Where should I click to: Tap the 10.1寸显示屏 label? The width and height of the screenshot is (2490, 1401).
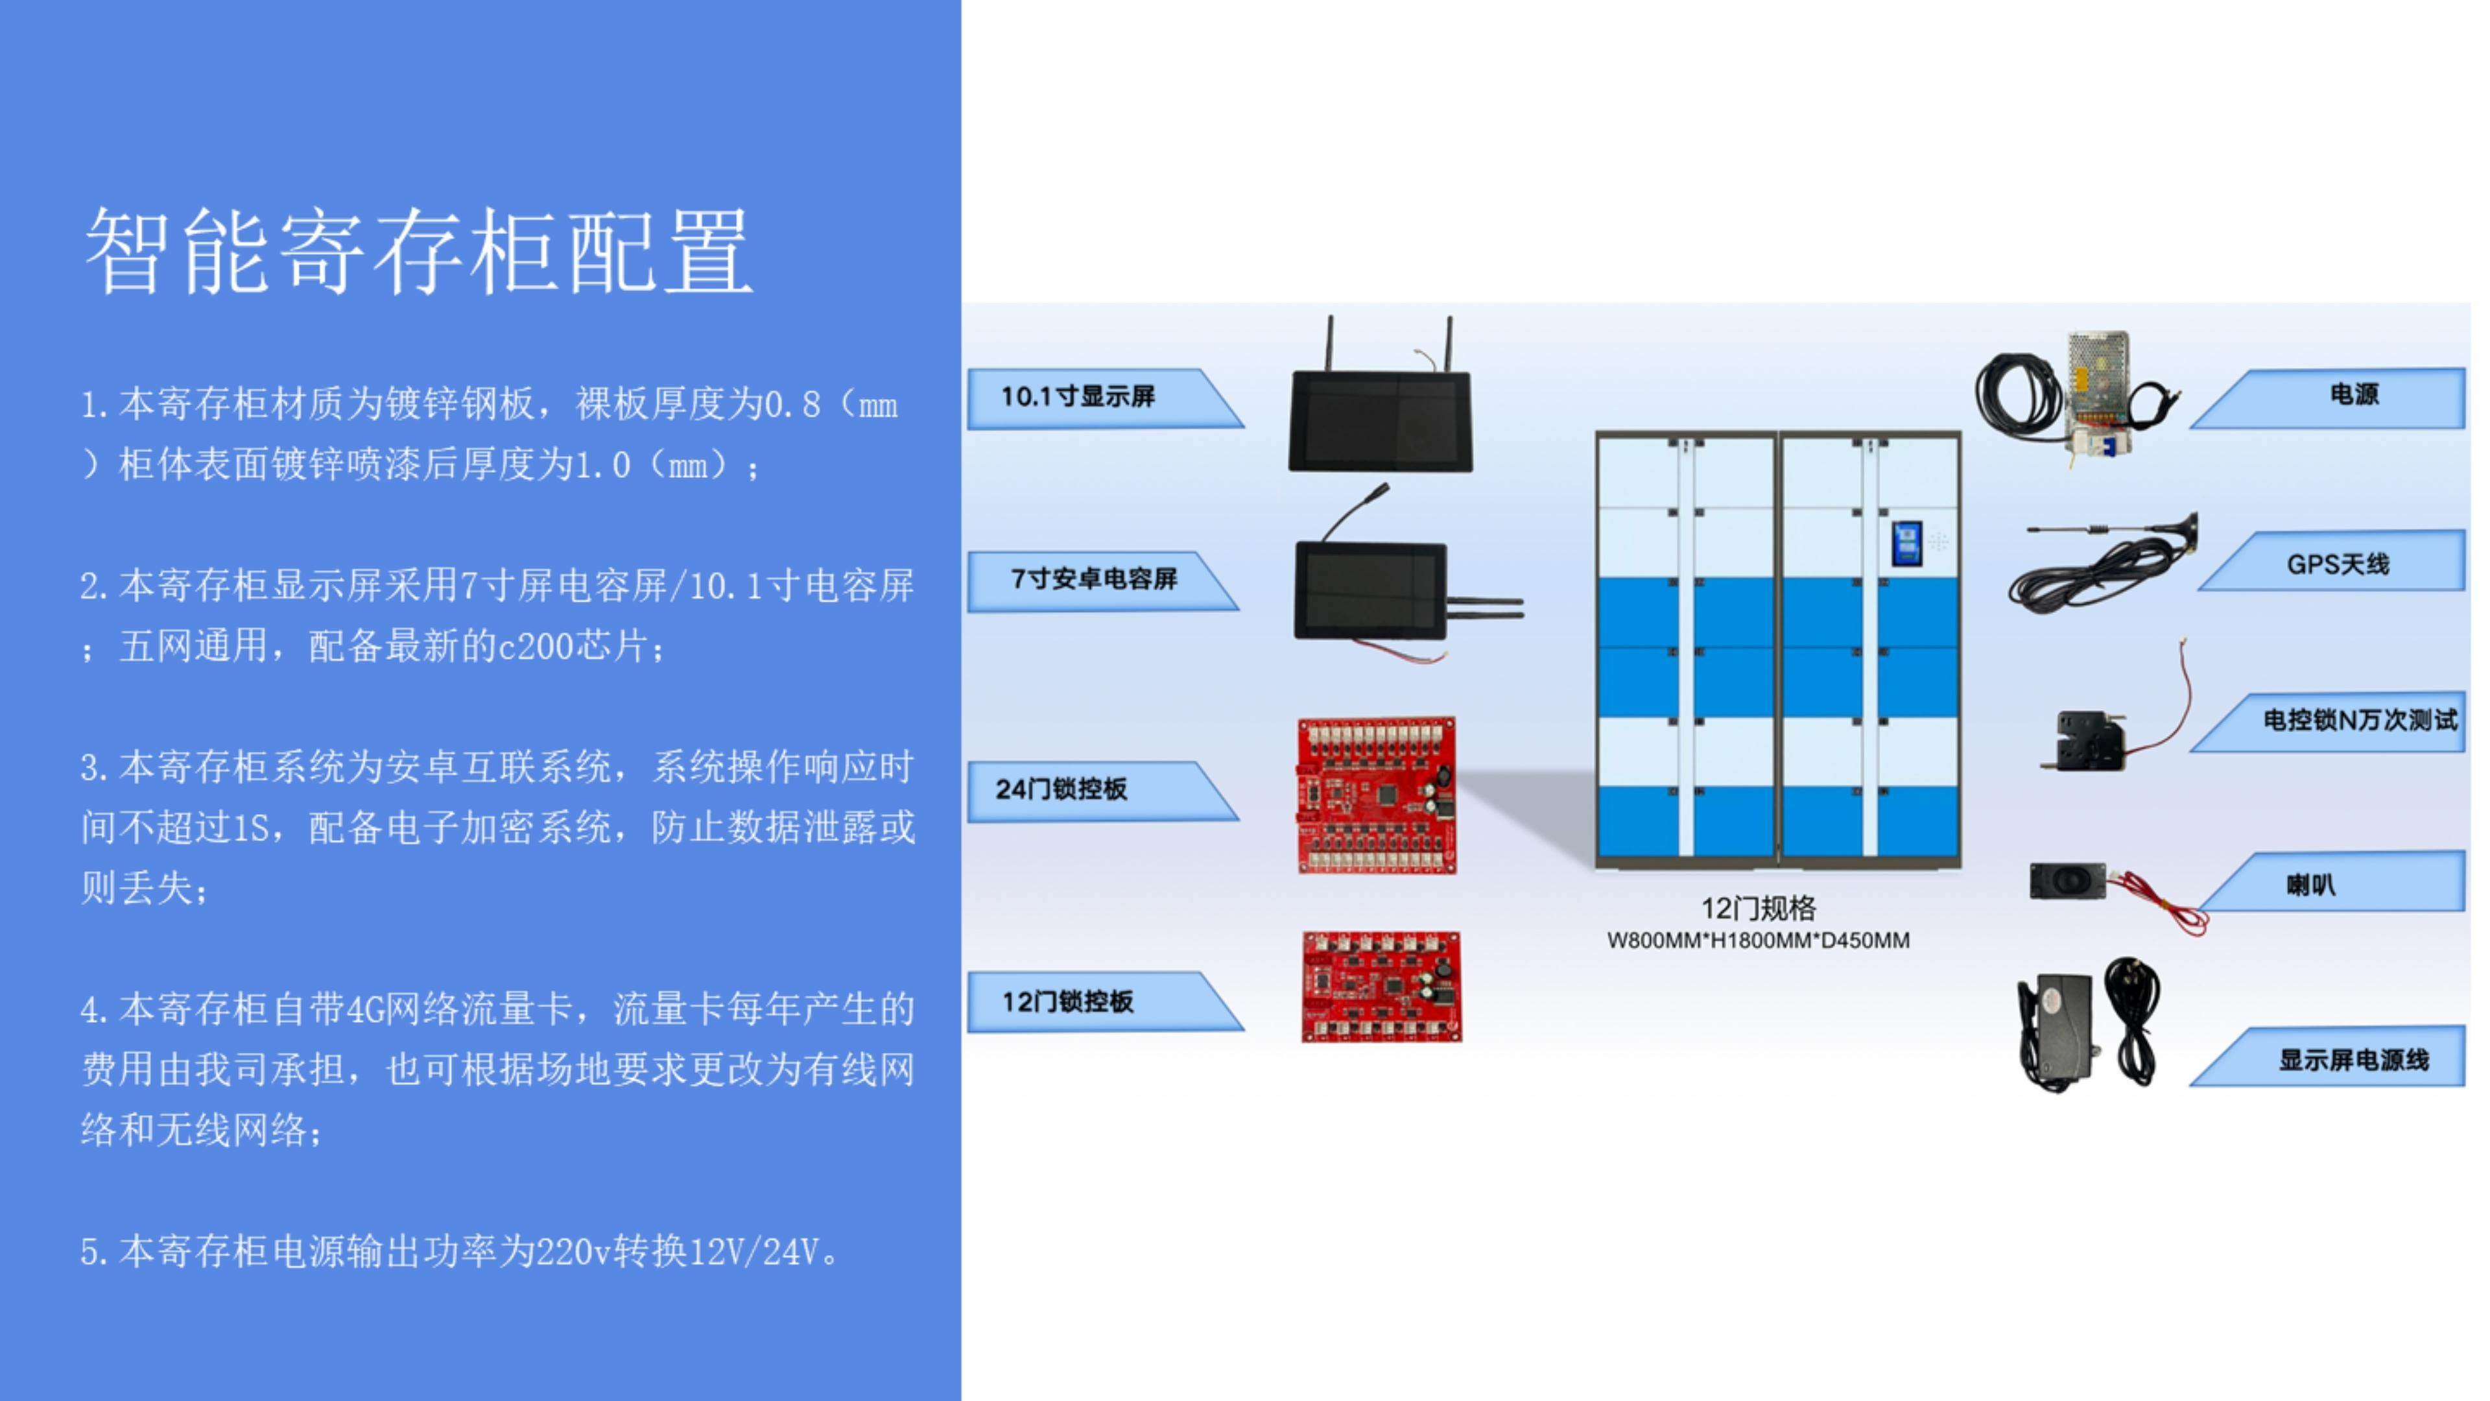[x=1078, y=396]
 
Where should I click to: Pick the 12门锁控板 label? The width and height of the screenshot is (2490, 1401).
[x=1067, y=1001]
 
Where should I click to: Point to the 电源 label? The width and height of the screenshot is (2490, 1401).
[x=2354, y=394]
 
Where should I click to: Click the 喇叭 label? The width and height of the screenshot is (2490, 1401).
[x=2310, y=885]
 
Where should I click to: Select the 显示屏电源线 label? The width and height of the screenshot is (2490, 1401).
[x=2354, y=1060]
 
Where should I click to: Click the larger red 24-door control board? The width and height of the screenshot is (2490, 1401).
[x=1377, y=796]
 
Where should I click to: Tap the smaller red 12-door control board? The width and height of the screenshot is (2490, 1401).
[x=1381, y=986]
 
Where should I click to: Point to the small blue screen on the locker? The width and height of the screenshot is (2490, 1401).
[x=1906, y=544]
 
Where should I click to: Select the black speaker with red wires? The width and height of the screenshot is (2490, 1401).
[x=2069, y=881]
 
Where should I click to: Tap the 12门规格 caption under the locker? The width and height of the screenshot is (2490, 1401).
[x=1759, y=908]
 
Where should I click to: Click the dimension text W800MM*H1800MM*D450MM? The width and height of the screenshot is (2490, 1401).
[x=1759, y=940]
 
